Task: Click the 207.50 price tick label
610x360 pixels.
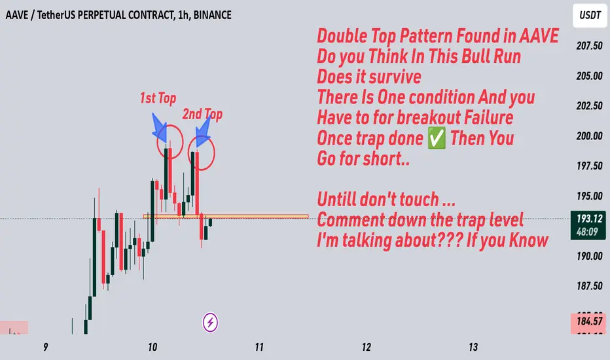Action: pos(589,46)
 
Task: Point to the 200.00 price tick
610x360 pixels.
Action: pos(589,136)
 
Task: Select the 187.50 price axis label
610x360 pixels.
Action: pos(589,286)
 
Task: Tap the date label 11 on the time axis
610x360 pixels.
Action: pos(259,347)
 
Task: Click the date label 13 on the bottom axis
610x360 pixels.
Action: pos(473,347)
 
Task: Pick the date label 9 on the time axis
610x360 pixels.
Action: pos(46,347)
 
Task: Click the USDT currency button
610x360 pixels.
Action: pos(590,16)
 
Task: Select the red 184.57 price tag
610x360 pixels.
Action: pos(588,321)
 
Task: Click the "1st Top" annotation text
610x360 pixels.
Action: pos(158,98)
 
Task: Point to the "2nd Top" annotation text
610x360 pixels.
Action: pos(202,114)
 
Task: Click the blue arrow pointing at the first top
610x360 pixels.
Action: pos(160,128)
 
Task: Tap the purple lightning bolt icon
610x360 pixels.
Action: pos(210,323)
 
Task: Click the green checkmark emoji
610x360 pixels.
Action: pos(437,139)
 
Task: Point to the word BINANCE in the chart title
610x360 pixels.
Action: pos(213,15)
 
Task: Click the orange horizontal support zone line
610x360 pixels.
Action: pos(226,216)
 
